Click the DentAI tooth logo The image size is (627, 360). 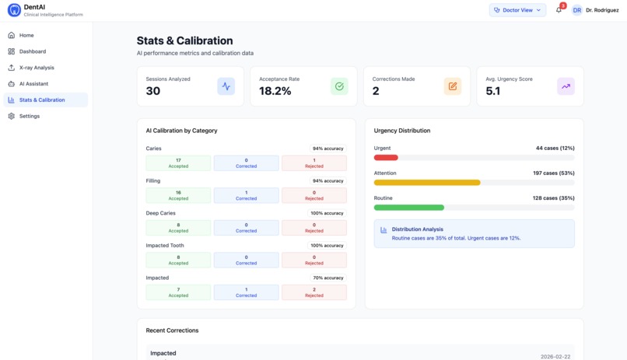click(14, 10)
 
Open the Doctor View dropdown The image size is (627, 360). click(517, 10)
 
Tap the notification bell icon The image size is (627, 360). click(559, 10)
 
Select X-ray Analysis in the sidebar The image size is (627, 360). click(37, 68)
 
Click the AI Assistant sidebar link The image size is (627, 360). click(33, 84)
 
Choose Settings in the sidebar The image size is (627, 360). click(30, 116)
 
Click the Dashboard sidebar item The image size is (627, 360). click(33, 51)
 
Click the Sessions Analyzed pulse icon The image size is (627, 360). click(226, 86)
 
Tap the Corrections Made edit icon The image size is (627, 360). click(452, 86)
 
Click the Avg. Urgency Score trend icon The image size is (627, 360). click(566, 86)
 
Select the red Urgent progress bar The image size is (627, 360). click(386, 158)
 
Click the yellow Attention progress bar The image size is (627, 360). click(427, 183)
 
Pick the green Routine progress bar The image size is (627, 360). click(409, 208)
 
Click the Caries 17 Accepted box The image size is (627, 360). click(178, 163)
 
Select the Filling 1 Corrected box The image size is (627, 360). click(246, 195)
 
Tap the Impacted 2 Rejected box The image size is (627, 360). click(314, 292)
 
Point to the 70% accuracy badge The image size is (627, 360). click(328, 278)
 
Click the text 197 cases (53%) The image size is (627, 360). click(554, 173)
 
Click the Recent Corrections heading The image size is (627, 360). click(172, 330)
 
